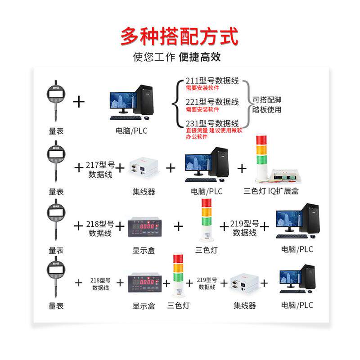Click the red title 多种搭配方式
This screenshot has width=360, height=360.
179,36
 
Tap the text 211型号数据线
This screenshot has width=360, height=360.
212,81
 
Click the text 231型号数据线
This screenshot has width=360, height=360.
212,123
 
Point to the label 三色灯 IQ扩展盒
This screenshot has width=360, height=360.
271,191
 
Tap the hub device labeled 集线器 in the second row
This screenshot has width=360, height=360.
144,168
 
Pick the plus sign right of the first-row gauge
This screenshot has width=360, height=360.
79,101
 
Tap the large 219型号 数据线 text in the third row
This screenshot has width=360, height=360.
244,228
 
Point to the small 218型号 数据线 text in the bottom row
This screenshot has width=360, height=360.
100,283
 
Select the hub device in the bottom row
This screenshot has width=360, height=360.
244,282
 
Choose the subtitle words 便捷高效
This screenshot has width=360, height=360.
199,58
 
